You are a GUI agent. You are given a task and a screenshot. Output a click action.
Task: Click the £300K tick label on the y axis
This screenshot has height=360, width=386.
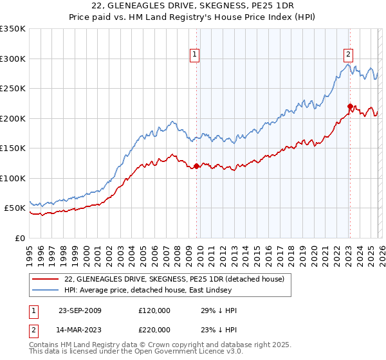[13, 59]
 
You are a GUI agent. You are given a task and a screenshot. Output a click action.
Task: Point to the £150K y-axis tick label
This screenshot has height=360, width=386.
[13, 148]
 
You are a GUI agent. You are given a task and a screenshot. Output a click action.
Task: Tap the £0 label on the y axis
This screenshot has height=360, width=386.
[19, 238]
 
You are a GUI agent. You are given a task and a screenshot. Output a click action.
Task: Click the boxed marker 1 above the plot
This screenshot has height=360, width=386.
[194, 55]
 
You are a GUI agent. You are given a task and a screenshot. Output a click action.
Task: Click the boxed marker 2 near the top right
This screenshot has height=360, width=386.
[348, 55]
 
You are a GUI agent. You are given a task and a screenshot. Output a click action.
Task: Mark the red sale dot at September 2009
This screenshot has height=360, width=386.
[196, 166]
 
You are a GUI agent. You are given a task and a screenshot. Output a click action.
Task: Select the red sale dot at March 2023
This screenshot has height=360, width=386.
[350, 107]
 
